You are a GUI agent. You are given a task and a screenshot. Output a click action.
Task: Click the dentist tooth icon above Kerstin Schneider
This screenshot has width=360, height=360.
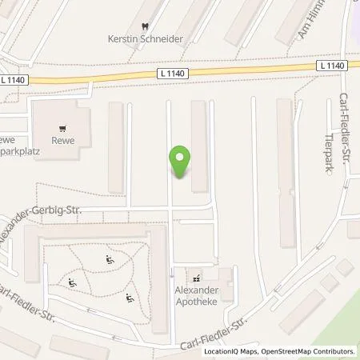coord(144,25)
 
